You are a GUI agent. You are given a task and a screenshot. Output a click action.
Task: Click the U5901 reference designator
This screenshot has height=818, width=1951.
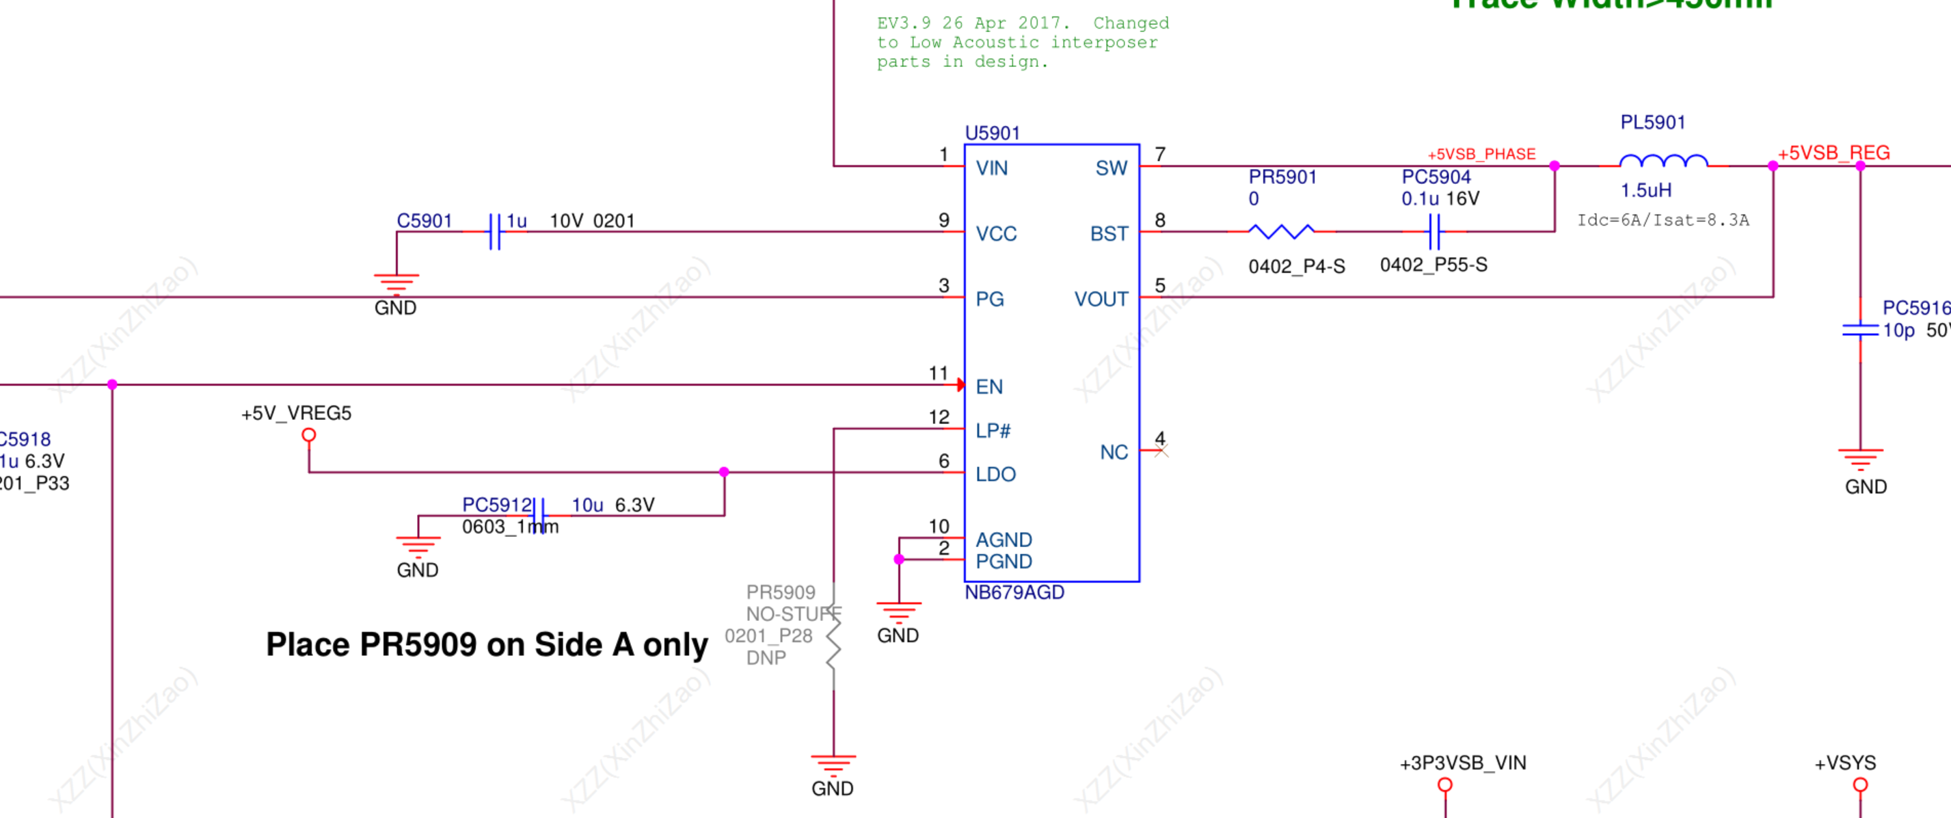pyautogui.click(x=992, y=133)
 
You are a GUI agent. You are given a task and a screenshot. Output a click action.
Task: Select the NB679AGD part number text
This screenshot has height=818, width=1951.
pyautogui.click(x=1014, y=592)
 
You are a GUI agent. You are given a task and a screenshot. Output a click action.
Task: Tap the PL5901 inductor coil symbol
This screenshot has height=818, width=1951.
pyautogui.click(x=1663, y=161)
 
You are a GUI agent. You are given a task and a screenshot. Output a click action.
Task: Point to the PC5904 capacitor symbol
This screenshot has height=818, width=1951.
pyautogui.click(x=1434, y=231)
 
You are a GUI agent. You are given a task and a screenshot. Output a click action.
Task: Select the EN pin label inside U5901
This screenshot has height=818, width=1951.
pyautogui.click(x=989, y=387)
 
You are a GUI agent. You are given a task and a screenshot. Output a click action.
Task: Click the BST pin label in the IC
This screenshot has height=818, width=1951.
pyautogui.click(x=1109, y=234)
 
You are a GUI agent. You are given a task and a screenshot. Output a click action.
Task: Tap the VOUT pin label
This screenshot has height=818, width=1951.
pyautogui.click(x=1101, y=299)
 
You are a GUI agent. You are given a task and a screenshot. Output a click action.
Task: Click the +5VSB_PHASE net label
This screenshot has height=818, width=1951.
pyautogui.click(x=1481, y=155)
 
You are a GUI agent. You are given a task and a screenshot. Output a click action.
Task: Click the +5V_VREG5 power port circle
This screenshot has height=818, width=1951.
pyautogui.click(x=308, y=436)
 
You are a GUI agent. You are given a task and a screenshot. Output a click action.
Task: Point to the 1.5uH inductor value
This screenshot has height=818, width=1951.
pyautogui.click(x=1646, y=190)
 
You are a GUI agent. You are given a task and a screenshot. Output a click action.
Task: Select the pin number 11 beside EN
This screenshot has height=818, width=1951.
pyautogui.click(x=939, y=373)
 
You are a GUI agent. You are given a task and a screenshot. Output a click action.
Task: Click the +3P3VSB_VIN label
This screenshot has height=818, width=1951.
pyautogui.click(x=1462, y=763)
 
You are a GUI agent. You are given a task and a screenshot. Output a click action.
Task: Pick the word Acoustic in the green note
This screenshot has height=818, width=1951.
pyautogui.click(x=995, y=43)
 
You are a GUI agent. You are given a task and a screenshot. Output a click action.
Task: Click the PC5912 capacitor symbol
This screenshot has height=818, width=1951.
pyautogui.click(x=538, y=516)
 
